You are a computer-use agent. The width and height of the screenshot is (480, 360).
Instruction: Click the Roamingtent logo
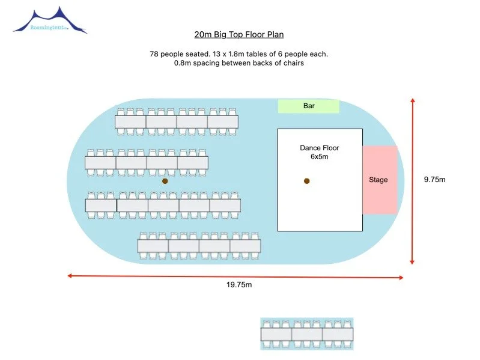coord(50,21)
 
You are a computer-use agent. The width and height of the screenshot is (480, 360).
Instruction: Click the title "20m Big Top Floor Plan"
coord(238,35)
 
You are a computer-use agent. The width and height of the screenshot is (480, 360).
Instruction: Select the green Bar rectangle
coord(309,106)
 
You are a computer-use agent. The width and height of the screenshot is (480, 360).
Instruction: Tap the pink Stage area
coord(380,180)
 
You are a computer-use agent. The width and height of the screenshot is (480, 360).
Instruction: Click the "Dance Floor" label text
coord(319,148)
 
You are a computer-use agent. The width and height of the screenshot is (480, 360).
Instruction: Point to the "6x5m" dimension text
coord(319,157)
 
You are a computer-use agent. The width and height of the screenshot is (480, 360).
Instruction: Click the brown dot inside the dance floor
coord(307,181)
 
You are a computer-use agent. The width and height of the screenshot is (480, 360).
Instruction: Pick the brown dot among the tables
coord(165,181)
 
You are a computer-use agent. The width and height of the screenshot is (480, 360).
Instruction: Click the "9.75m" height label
coord(434,180)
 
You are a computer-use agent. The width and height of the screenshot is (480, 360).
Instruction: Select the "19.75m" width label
coord(239,285)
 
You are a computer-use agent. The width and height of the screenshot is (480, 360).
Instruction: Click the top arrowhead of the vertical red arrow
coord(413,100)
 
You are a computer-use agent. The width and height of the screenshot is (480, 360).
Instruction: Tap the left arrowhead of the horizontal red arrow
coord(70,276)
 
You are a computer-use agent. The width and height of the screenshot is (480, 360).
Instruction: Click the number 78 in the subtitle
coord(154,54)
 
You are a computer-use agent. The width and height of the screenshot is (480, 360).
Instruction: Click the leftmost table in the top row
coord(130,122)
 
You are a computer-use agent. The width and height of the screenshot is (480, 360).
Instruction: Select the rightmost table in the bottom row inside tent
coord(245,246)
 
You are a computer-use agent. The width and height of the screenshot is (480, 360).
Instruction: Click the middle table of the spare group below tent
coord(307,334)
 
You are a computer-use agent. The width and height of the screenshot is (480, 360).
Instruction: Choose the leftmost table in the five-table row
coord(101,206)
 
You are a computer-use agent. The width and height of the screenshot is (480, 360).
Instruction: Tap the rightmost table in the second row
coord(193,162)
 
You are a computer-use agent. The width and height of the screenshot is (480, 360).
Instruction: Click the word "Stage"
coord(378,180)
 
